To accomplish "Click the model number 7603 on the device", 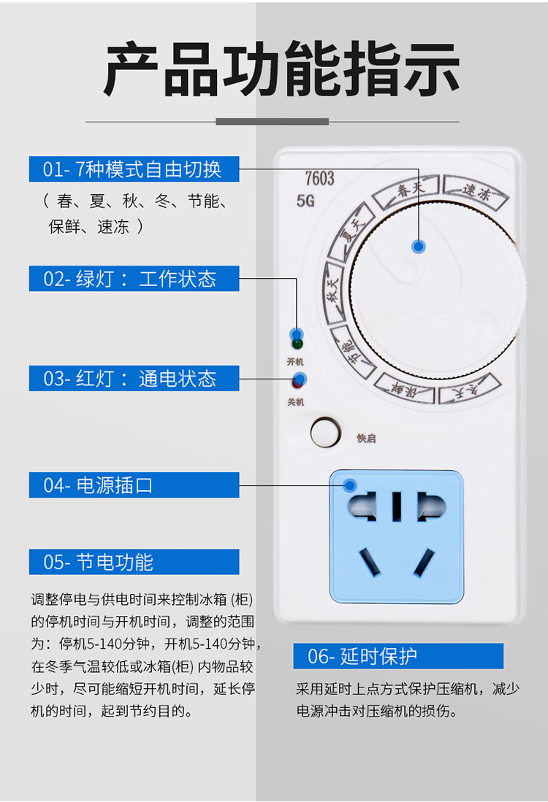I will pos(319,178).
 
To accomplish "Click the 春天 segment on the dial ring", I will pos(410,191).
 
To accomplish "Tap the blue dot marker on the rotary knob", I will pos(418,246).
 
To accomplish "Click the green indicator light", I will pos(297,344).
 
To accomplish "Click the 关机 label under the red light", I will pos(295,402).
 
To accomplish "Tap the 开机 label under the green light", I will pos(295,362).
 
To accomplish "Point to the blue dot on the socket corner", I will pos(351,485).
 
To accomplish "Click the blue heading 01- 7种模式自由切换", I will pos(134,169).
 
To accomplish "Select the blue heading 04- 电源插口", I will pos(134,485).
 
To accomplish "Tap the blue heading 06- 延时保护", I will pos(398,656).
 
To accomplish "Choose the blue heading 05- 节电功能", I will pos(134,562).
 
